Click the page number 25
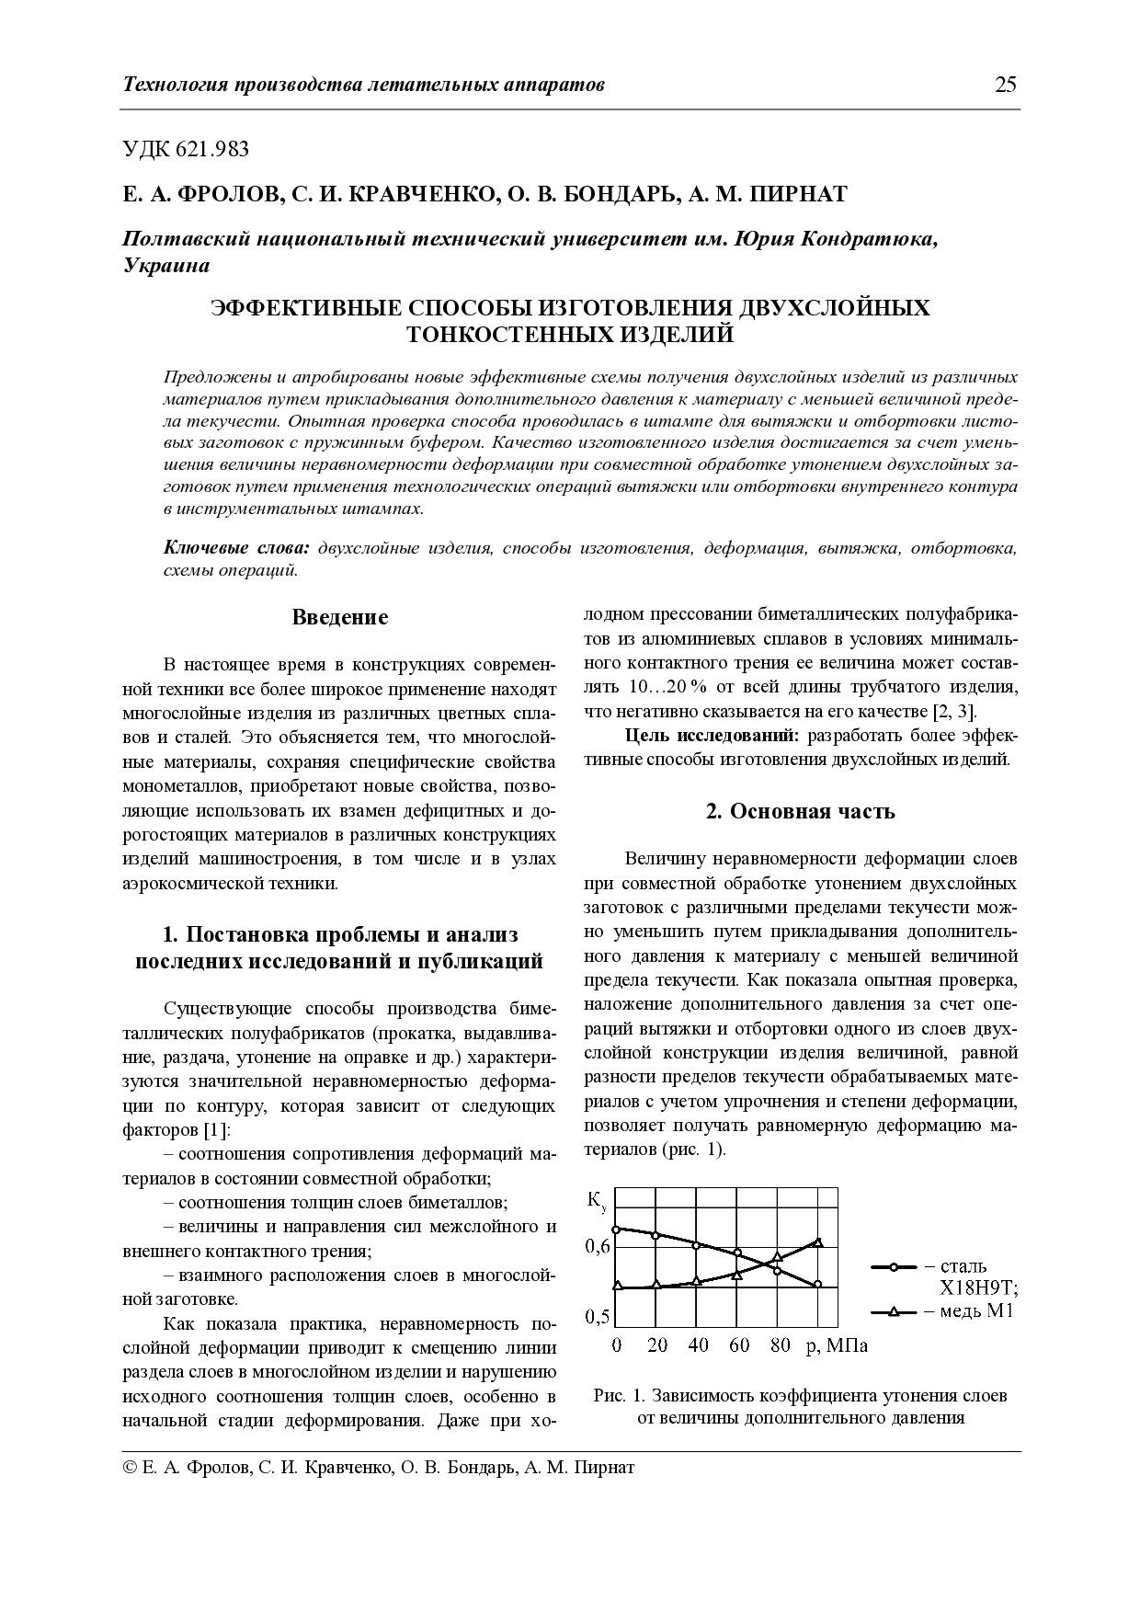1005,86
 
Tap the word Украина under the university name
166,266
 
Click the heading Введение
339,617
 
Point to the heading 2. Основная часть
800,811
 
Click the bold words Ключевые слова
236,548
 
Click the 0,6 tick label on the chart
598,1247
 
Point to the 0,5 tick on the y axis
598,1316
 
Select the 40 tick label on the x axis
698,1345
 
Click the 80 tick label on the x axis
780,1345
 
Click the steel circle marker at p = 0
616,1229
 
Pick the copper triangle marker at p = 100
818,1243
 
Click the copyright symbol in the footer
131,1468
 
